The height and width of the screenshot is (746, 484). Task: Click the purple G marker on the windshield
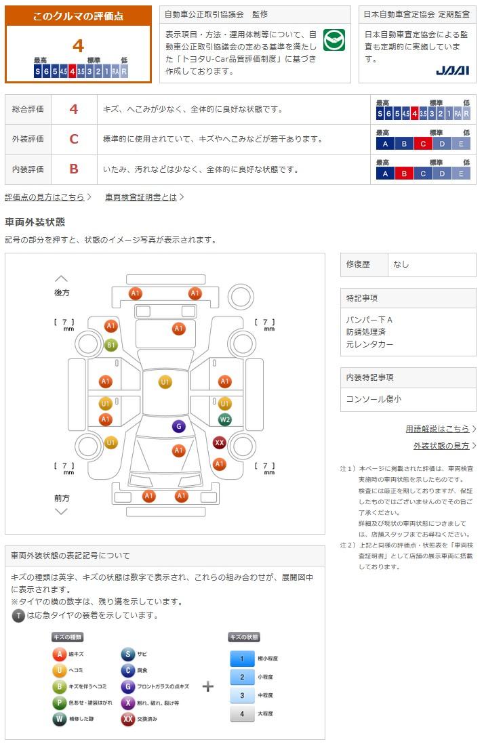(178, 426)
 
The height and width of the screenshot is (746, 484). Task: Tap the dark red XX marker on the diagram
(220, 442)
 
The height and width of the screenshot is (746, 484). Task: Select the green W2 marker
(224, 419)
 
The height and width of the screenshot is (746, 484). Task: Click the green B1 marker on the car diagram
(110, 345)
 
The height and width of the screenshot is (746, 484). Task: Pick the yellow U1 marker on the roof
(165, 381)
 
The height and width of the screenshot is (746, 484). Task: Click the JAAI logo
(453, 70)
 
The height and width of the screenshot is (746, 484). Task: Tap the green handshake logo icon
(334, 39)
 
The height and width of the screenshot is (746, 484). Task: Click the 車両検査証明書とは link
(144, 197)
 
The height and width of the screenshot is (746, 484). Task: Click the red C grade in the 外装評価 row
(74, 139)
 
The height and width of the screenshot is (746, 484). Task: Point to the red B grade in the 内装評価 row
(74, 169)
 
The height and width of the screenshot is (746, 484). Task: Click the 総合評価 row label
(28, 109)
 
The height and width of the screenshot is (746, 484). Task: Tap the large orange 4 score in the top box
(78, 45)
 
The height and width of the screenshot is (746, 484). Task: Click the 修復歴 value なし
(401, 264)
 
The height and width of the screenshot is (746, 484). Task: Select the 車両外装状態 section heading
(35, 222)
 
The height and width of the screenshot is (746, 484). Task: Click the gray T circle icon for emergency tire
(18, 616)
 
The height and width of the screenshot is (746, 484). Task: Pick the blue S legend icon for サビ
(127, 654)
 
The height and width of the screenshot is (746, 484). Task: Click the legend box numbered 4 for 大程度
(242, 713)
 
